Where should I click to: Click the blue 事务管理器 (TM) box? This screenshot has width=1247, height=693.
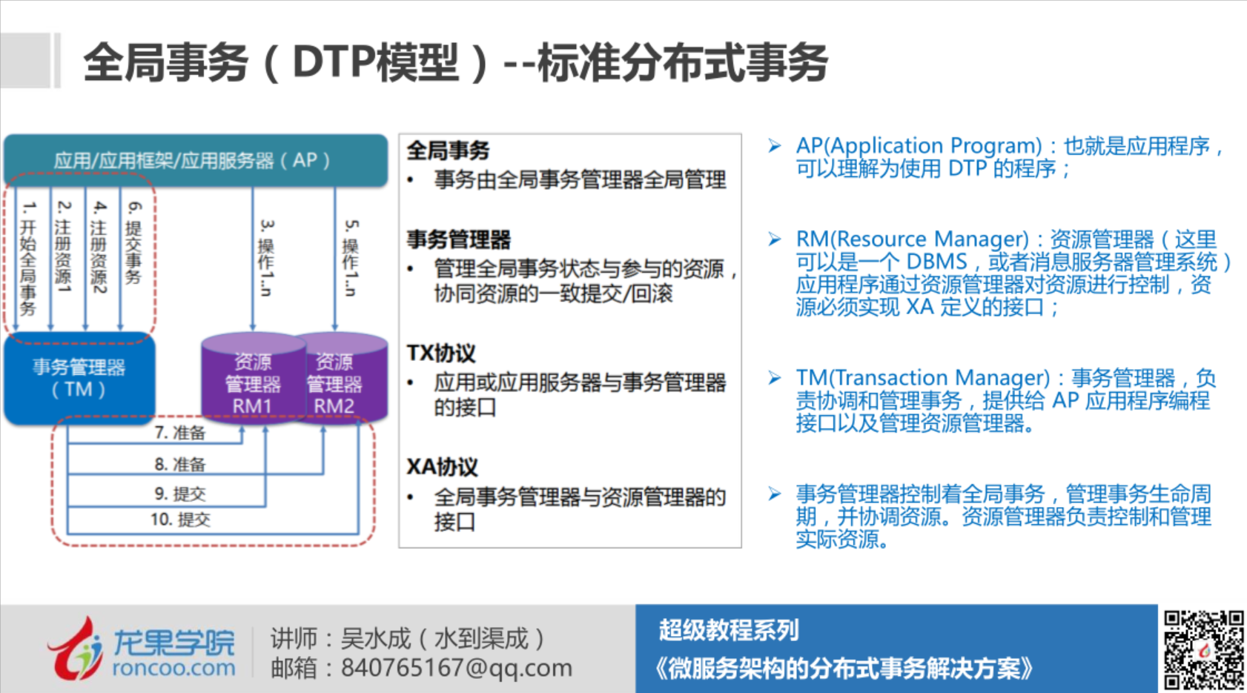tap(79, 379)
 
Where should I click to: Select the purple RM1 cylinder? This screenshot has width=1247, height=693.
tap(254, 379)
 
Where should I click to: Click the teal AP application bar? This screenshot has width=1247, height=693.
tap(196, 160)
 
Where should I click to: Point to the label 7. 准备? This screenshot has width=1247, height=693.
tap(180, 433)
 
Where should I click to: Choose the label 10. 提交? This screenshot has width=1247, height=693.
tap(180, 520)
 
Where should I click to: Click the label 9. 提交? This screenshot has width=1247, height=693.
tap(180, 494)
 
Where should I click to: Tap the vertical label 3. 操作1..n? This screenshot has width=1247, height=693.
tap(266, 258)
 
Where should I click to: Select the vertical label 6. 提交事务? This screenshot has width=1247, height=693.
tap(133, 242)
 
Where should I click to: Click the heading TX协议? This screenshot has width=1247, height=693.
tap(441, 353)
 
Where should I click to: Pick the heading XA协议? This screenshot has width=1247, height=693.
tap(442, 467)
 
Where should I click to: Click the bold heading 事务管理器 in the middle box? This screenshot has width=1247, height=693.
tap(459, 239)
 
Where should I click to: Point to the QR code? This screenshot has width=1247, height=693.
tap(1203, 649)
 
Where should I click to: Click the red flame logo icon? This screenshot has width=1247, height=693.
tap(75, 649)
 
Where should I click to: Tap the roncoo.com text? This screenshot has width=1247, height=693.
tap(173, 667)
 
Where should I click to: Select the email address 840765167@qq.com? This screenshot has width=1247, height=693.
tap(457, 667)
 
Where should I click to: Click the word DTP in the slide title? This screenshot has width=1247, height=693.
tap(334, 62)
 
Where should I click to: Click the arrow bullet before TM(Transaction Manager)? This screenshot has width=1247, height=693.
tap(774, 378)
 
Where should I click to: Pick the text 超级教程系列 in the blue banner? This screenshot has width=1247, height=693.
tap(729, 630)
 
